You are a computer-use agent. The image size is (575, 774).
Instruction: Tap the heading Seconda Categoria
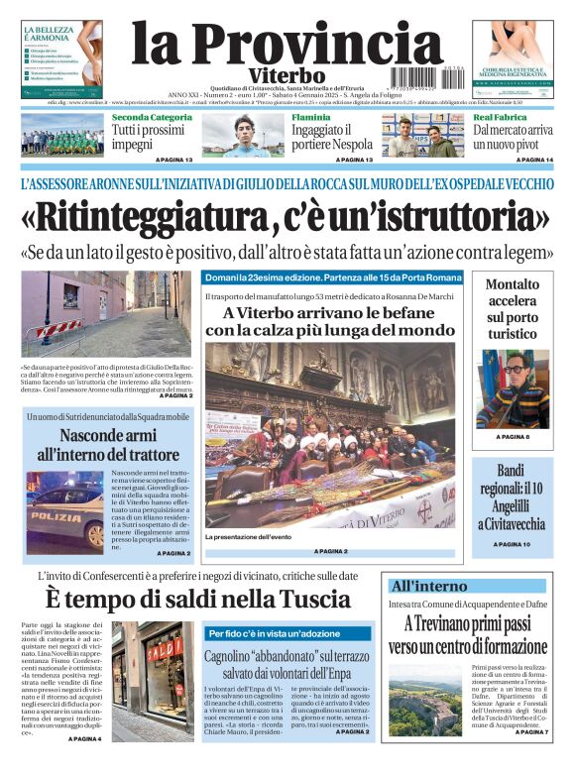pos(152,118)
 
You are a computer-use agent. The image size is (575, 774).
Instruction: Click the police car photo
pos(63,510)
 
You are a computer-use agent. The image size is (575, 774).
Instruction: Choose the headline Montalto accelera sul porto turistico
pos(513,309)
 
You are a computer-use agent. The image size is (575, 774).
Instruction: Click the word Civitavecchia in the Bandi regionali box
pos(512,523)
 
